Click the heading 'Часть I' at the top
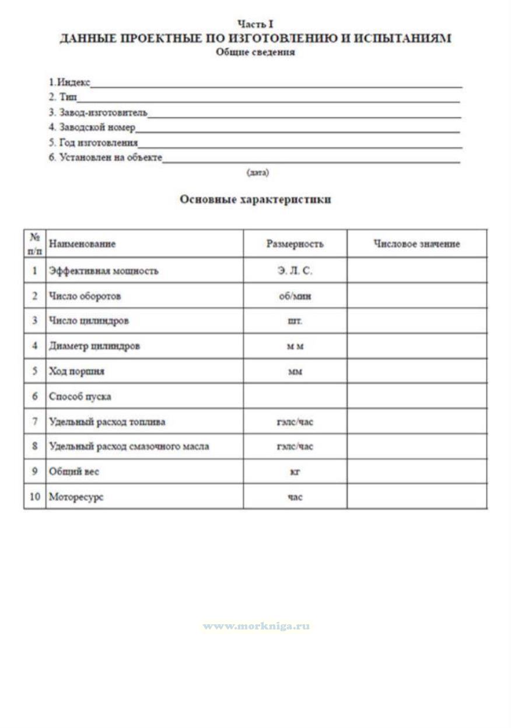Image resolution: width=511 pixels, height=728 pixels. click(256, 24)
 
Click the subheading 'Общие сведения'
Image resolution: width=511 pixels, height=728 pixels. click(256, 52)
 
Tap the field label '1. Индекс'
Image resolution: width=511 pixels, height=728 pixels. click(69, 82)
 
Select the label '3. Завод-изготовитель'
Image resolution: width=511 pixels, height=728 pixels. click(98, 112)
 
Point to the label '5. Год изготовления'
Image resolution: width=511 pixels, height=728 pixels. click(93, 142)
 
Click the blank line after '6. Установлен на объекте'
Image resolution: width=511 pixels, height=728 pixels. click(311, 159)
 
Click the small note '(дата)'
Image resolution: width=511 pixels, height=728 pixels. click(258, 173)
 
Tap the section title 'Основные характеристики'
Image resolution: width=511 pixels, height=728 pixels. click(256, 199)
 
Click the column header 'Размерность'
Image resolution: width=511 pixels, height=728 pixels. click(295, 244)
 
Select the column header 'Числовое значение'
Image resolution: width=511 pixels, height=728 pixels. click(416, 244)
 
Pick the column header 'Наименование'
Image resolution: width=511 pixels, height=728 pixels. click(82, 244)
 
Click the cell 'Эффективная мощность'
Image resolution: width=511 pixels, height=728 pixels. click(104, 271)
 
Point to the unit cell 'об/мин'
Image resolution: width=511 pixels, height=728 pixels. click(295, 296)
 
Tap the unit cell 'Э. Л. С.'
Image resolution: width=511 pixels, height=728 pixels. click(295, 271)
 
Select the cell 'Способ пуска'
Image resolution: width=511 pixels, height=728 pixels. click(80, 396)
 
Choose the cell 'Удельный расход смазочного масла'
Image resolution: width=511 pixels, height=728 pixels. click(129, 446)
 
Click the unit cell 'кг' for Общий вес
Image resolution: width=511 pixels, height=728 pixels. click(295, 472)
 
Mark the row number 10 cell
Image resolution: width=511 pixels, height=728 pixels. click(35, 497)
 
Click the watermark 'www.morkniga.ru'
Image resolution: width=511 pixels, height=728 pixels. click(256, 626)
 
